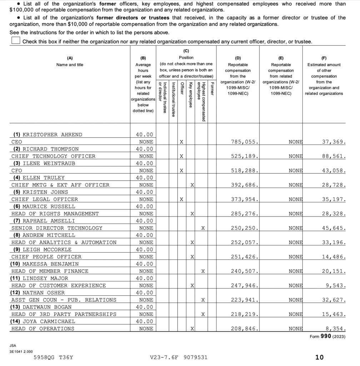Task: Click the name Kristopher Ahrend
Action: [52, 135]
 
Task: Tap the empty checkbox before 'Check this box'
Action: [15, 41]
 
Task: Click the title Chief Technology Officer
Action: [53, 156]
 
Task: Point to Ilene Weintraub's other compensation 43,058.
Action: [334, 170]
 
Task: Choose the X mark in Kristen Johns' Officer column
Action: [181, 199]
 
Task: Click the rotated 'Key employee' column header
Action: [191, 95]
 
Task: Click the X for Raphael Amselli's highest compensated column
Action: [203, 228]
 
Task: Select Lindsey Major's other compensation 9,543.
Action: [336, 286]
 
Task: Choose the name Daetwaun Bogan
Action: [47, 307]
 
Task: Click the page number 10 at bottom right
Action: [319, 357]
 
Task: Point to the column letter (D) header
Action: [237, 58]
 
